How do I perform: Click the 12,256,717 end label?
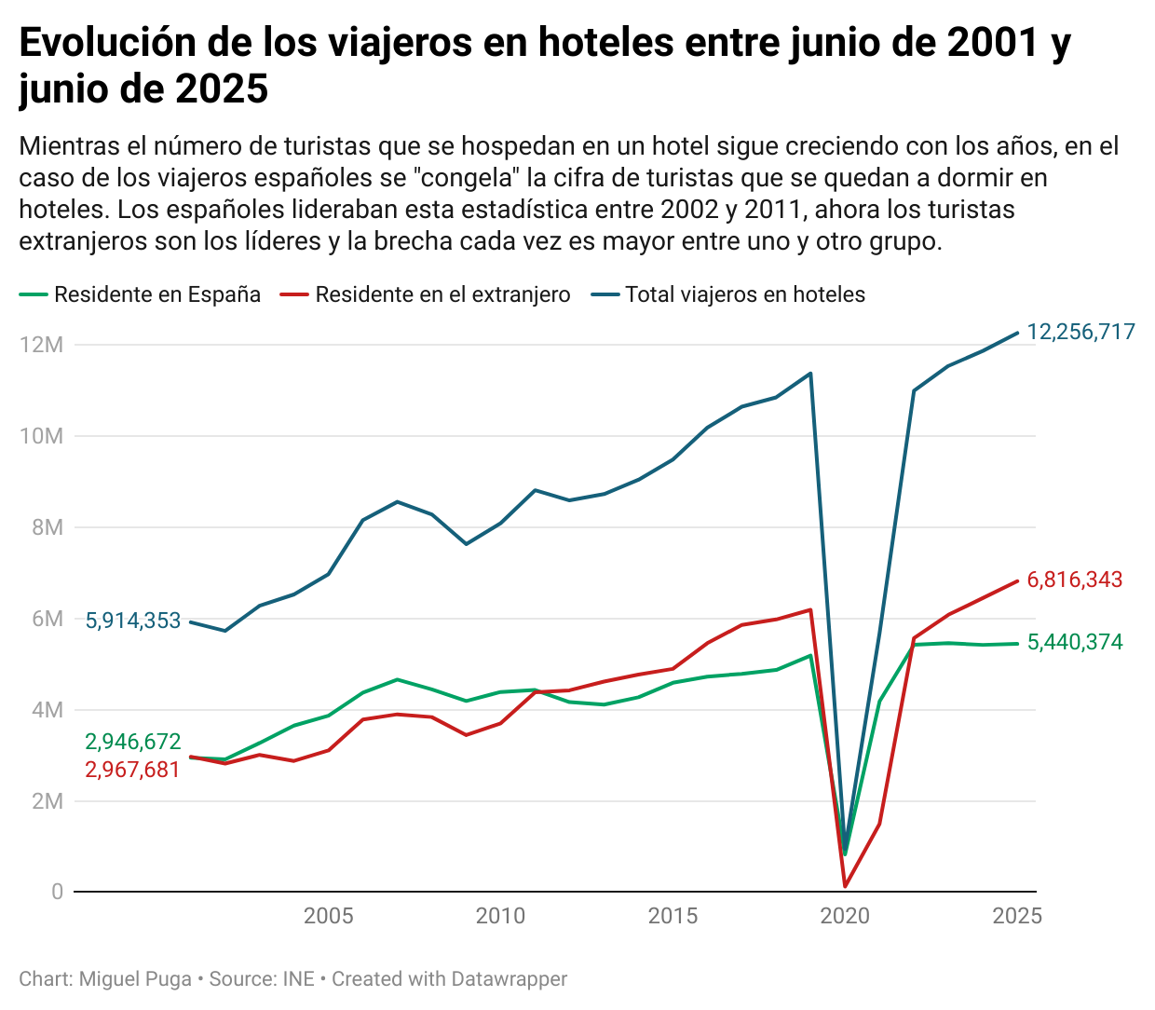point(1080,332)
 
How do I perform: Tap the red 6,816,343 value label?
point(1074,580)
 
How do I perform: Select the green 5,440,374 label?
point(1074,642)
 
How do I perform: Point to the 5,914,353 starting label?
point(133,621)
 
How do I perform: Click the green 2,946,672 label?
point(133,742)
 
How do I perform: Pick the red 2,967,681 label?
point(133,770)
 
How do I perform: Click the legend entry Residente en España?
point(156,294)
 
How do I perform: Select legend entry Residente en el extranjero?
point(442,294)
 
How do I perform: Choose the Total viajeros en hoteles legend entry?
point(744,294)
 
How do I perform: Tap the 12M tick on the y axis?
point(41,345)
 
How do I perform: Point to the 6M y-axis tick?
point(47,619)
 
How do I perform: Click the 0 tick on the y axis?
point(58,892)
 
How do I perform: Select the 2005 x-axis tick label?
point(329,916)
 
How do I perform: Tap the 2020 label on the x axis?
point(845,916)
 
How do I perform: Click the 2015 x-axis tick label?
point(673,916)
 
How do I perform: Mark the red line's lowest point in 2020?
point(845,886)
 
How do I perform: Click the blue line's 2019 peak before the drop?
point(810,374)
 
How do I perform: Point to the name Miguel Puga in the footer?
point(135,979)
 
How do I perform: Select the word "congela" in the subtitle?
point(465,178)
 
